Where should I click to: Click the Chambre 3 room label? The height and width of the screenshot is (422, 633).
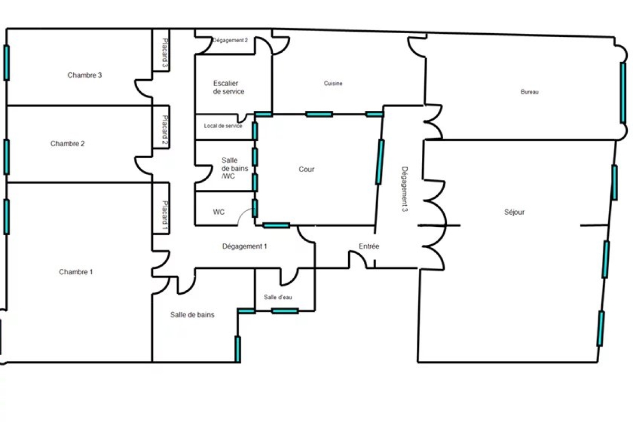[x=84, y=75]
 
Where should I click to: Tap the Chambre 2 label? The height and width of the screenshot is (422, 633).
[x=68, y=143]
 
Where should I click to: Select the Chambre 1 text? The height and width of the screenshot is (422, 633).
[x=76, y=272]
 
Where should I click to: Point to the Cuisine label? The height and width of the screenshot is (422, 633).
[x=333, y=83]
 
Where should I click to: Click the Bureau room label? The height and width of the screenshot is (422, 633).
[x=530, y=92]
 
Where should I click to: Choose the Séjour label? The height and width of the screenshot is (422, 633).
[x=514, y=212]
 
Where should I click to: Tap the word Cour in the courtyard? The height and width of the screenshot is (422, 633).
[x=306, y=169]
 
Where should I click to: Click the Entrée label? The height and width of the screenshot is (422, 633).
[x=369, y=246]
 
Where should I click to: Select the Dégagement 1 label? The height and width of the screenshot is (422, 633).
[x=244, y=246]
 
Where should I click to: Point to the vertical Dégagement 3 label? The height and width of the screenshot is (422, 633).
[x=405, y=189]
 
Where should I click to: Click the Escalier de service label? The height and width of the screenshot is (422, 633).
[x=228, y=88]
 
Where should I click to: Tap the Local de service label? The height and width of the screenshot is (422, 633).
[x=223, y=126]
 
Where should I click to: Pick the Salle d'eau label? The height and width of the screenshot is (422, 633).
[x=278, y=297]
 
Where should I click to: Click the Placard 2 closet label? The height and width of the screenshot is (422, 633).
[x=165, y=129]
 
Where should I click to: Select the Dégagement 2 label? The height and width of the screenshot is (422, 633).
[x=230, y=41]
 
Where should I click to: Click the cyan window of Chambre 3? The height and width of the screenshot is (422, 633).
[x=6, y=63]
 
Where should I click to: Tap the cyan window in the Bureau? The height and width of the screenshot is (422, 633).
[x=623, y=93]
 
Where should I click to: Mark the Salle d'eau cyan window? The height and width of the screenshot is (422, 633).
[x=285, y=311]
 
